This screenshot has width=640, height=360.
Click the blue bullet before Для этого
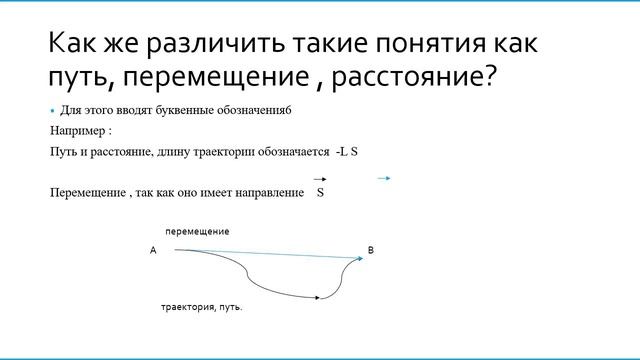click(53, 110)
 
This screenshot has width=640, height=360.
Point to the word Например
click(76, 130)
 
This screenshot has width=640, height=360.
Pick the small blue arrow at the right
click(383, 178)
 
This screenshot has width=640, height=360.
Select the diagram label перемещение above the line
click(197, 231)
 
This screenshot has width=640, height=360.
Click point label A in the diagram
click(153, 250)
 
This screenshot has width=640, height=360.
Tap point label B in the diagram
click(370, 250)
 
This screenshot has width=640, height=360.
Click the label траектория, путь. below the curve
click(202, 307)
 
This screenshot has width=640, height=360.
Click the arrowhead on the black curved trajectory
click(317, 297)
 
